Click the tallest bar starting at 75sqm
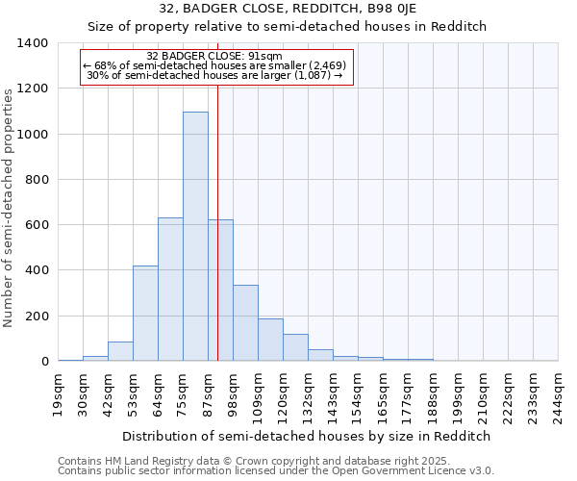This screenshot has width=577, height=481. click(195, 237)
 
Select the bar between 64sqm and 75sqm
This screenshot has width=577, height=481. click(170, 290)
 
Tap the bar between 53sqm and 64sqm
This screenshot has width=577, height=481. click(145, 314)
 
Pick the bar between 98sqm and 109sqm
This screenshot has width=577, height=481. click(245, 323)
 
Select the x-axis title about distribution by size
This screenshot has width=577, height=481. click(308, 436)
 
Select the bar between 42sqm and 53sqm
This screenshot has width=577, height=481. click(120, 351)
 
